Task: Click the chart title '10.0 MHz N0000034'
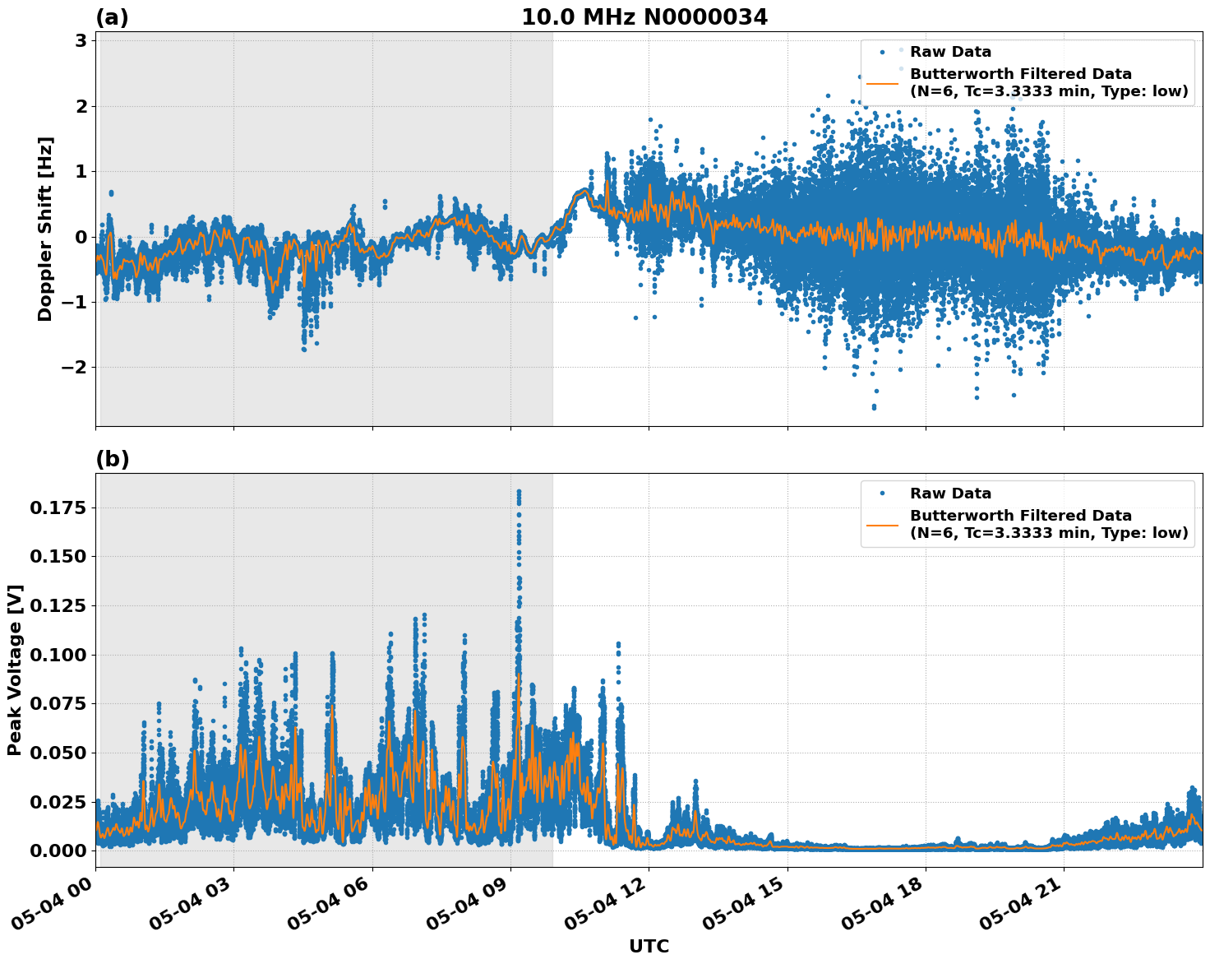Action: pyautogui.click(x=644, y=17)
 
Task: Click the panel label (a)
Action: pyautogui.click(x=112, y=17)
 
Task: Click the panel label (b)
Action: pyautogui.click(x=112, y=459)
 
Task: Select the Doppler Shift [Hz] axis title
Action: pyautogui.click(x=45, y=229)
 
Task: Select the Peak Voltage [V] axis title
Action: pyautogui.click(x=15, y=670)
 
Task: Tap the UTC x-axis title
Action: pyautogui.click(x=649, y=946)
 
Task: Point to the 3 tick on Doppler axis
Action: pyautogui.click(x=81, y=40)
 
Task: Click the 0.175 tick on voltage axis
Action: pyautogui.click(x=58, y=508)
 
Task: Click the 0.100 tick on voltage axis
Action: pyautogui.click(x=58, y=655)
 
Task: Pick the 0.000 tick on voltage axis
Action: pyautogui.click(x=58, y=850)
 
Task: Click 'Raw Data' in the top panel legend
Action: pyautogui.click(x=950, y=52)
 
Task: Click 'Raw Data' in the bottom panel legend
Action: pyautogui.click(x=950, y=494)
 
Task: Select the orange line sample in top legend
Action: pyautogui.click(x=882, y=83)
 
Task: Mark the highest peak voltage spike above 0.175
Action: pyautogui.click(x=519, y=492)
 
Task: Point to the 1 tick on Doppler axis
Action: pyautogui.click(x=81, y=171)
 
